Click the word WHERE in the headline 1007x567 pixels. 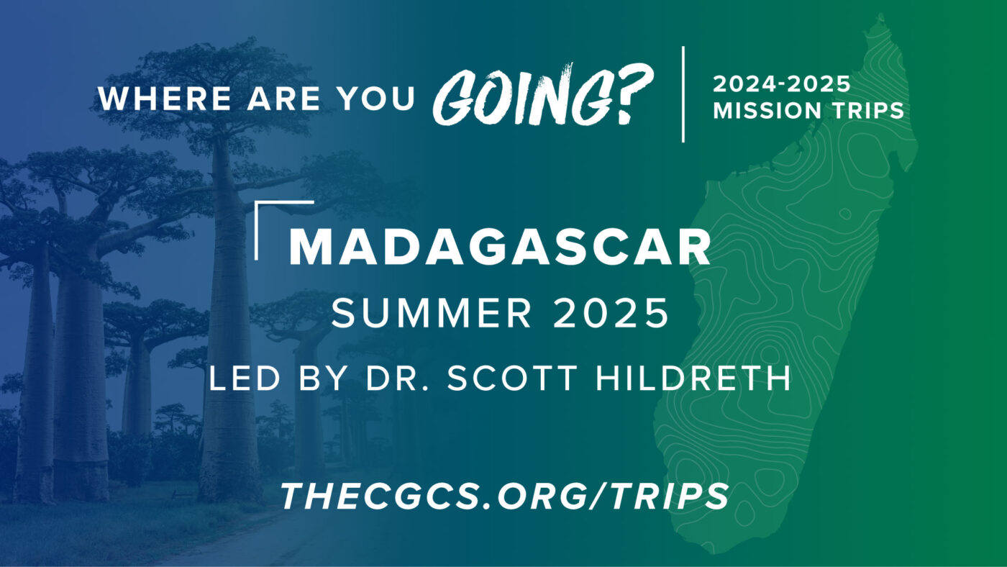(165, 98)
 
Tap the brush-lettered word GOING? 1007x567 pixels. (542, 94)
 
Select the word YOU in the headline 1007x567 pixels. (377, 98)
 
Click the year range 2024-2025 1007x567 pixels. (782, 84)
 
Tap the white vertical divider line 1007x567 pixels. (683, 94)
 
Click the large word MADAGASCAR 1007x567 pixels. (499, 248)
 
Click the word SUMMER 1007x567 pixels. (432, 313)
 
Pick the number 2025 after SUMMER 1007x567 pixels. (611, 313)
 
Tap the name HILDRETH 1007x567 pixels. (693, 378)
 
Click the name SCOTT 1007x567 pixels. (512, 378)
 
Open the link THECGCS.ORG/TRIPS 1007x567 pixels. (504, 496)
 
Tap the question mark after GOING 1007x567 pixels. (632, 93)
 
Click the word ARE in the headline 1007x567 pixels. (284, 98)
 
